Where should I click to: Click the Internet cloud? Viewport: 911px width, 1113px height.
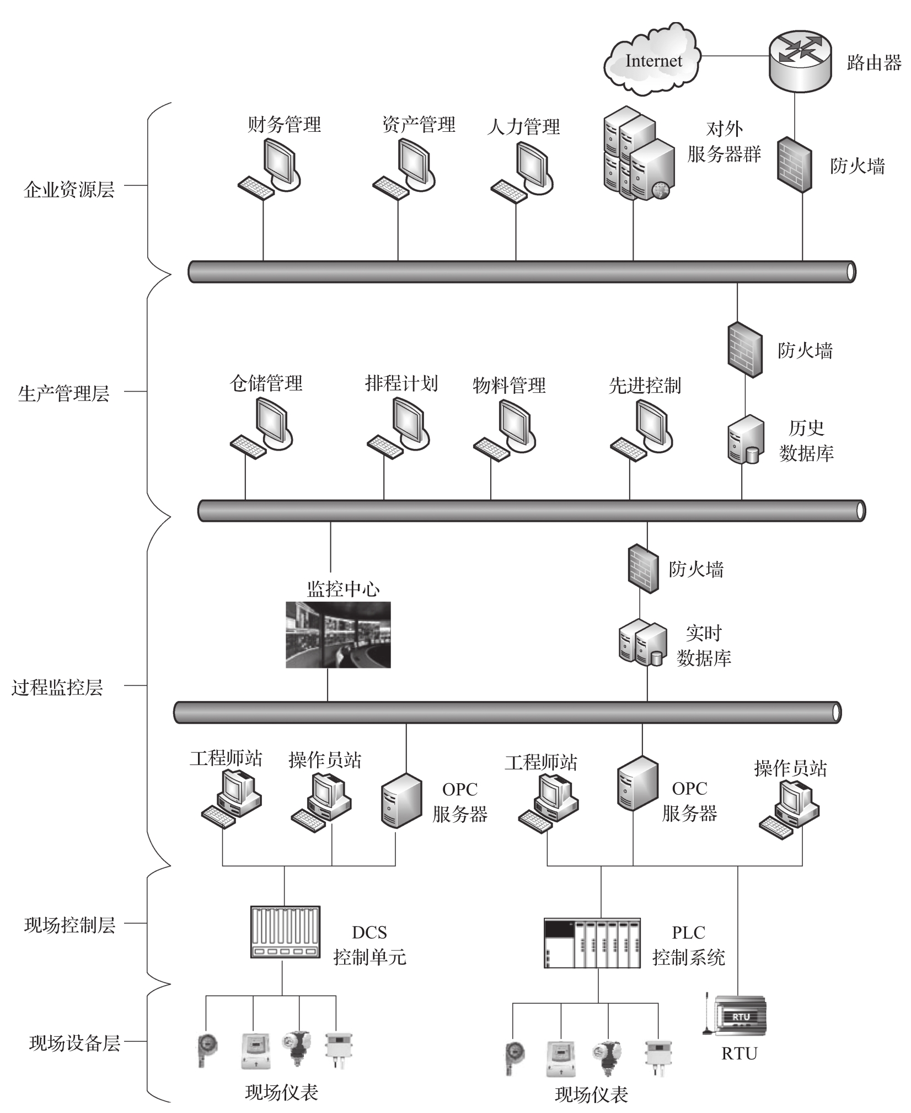(x=652, y=60)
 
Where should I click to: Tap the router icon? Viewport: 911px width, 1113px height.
(x=800, y=59)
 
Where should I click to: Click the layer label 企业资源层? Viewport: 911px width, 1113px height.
(x=69, y=190)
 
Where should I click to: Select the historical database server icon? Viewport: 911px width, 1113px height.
(x=746, y=440)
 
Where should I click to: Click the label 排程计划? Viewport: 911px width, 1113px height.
(x=401, y=383)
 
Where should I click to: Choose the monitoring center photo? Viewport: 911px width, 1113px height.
(x=338, y=634)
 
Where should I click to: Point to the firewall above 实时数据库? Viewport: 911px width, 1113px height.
(x=643, y=569)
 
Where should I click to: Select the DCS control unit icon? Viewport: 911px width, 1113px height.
(x=285, y=932)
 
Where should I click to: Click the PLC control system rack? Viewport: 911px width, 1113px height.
(x=592, y=943)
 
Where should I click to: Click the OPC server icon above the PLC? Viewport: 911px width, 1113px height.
(x=637, y=784)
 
